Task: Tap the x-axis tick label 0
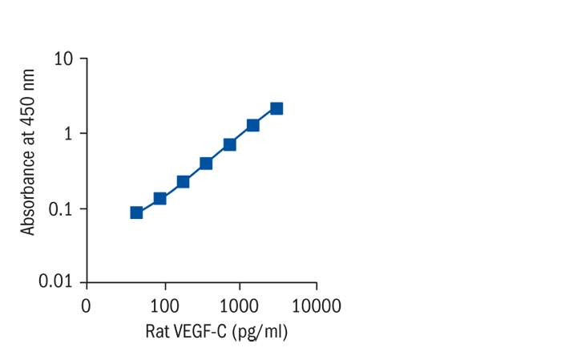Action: click(x=86, y=306)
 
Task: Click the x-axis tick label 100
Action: click(x=164, y=306)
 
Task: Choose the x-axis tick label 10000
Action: click(x=316, y=306)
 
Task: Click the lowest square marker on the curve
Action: click(x=136, y=212)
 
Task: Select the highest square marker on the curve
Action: click(x=276, y=108)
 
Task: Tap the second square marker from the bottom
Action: click(x=159, y=198)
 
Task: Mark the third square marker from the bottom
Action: click(x=183, y=181)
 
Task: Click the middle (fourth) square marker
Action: click(x=206, y=164)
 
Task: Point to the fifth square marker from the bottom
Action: click(x=229, y=144)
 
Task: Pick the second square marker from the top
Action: click(x=252, y=125)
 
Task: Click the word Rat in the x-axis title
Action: click(x=157, y=331)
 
